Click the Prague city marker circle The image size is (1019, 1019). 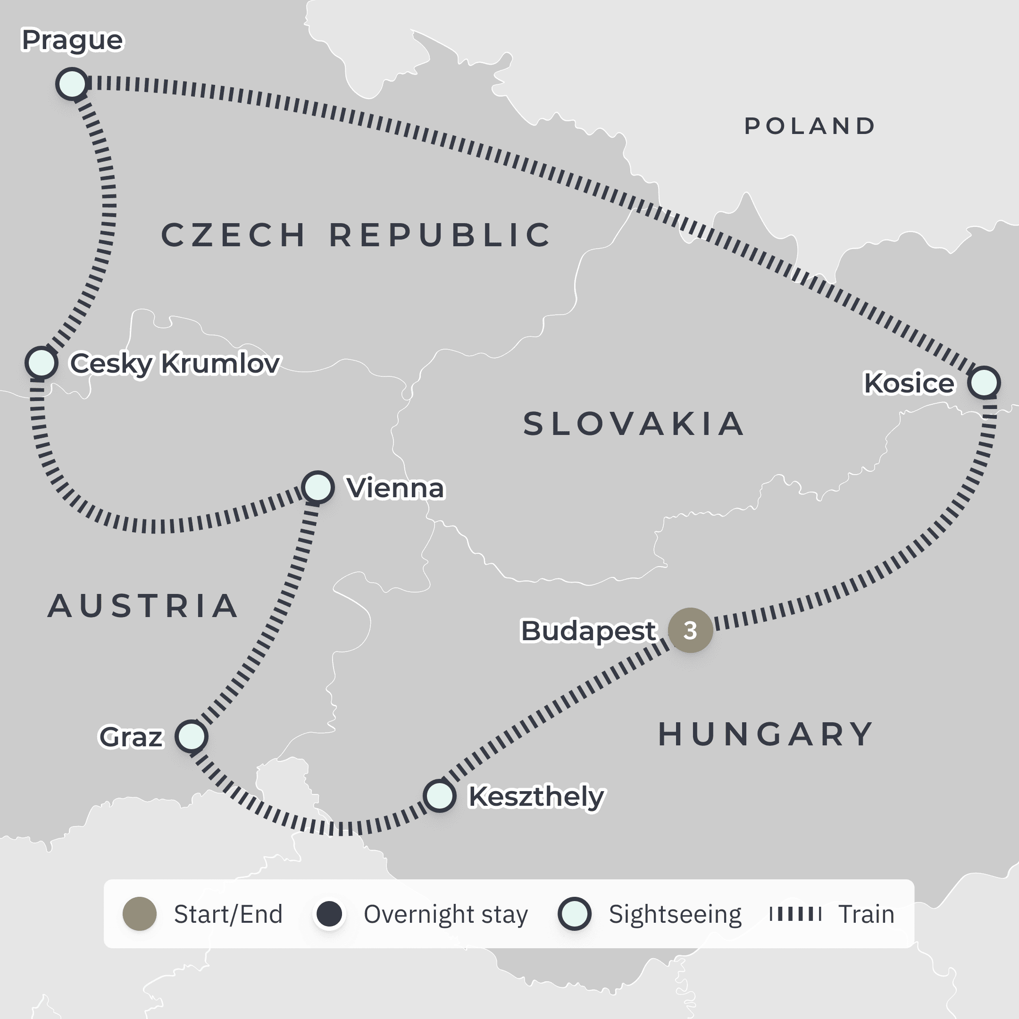(x=72, y=84)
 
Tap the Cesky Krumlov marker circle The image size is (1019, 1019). (x=41, y=362)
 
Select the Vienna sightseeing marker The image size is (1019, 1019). (x=318, y=487)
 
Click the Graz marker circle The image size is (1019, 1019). (x=192, y=736)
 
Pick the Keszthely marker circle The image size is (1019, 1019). (x=439, y=795)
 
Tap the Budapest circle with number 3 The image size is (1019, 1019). (x=690, y=630)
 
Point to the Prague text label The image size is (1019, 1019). (x=72, y=40)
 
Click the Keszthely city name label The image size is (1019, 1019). (x=536, y=796)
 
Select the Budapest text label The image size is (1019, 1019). (x=587, y=631)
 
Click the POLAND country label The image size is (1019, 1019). (x=810, y=126)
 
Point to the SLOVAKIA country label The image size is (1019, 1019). (x=634, y=424)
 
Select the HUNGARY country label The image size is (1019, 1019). (x=765, y=734)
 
